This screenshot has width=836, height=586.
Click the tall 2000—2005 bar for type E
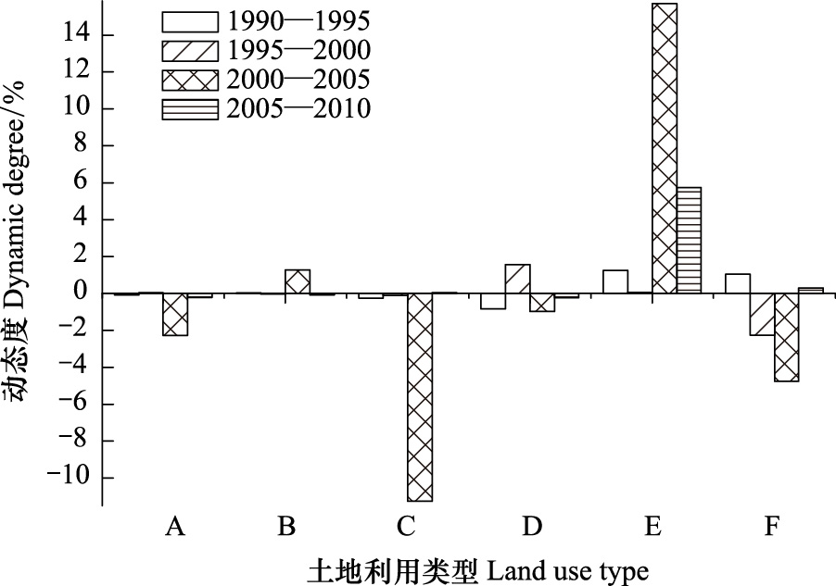click(x=665, y=148)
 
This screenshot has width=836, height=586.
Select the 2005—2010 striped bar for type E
click(x=690, y=241)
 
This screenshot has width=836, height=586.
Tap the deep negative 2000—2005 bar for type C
click(x=420, y=397)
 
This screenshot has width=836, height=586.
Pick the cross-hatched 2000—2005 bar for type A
click(x=175, y=315)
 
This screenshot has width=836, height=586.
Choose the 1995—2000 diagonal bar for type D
click(x=518, y=279)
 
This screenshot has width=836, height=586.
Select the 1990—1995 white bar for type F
click(x=738, y=283)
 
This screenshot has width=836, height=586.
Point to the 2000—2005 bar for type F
click(x=787, y=337)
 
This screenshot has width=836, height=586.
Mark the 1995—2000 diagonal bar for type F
click(x=763, y=315)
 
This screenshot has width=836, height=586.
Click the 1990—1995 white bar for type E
click(x=615, y=281)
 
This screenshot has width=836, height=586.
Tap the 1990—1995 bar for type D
click(x=493, y=301)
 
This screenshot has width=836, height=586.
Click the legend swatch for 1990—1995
click(x=190, y=22)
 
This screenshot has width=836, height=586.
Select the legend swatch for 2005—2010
click(x=190, y=109)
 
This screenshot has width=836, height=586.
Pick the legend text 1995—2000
click(x=298, y=51)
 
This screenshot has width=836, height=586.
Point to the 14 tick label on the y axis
click(x=77, y=35)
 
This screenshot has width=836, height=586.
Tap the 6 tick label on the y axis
click(x=81, y=182)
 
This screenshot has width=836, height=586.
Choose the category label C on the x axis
click(x=406, y=527)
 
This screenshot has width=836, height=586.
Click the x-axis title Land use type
click(x=568, y=571)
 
